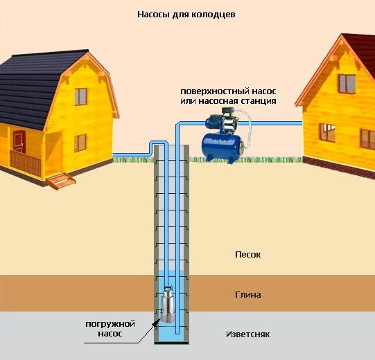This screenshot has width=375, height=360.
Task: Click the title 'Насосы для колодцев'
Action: (x=186, y=15)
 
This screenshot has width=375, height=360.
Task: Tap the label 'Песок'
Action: (x=247, y=255)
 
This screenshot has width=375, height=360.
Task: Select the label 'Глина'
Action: (x=247, y=295)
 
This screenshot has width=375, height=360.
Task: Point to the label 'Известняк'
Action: (x=247, y=334)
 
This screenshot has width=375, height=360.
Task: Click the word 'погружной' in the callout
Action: (x=110, y=325)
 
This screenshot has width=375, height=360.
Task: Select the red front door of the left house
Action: (x=19, y=142)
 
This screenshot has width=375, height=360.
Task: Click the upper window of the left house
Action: (x=81, y=97)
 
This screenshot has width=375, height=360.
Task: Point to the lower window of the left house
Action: (x=80, y=143)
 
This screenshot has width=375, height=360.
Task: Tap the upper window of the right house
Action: (x=347, y=84)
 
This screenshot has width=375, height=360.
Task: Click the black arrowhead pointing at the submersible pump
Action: (x=157, y=321)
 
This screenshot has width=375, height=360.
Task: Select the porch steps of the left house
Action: (x=61, y=181)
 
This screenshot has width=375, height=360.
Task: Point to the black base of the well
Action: (x=171, y=343)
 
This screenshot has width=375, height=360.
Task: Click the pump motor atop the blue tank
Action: (x=223, y=123)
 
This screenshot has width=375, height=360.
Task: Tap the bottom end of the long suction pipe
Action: (x=177, y=333)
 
